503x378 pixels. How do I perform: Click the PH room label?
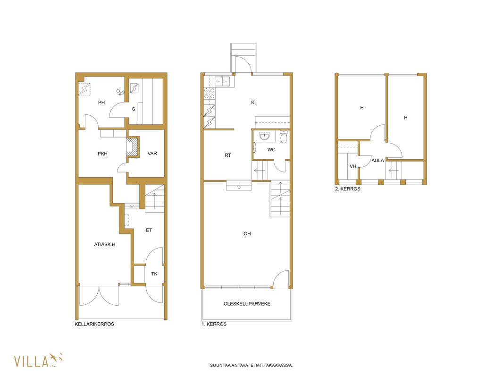pos(101,103)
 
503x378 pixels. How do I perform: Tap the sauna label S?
pos(134,109)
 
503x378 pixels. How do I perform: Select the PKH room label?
pos(102,154)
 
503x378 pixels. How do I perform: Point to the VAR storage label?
pos(152,154)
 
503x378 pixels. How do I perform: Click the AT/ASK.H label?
pos(105,244)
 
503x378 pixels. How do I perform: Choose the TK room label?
pos(154,274)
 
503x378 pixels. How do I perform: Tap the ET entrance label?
pos(149,230)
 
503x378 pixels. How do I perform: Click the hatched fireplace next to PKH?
pos(133,147)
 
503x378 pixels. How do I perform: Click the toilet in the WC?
pos(284,137)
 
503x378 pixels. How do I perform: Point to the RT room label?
pos(228,155)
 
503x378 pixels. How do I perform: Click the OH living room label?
pos(247,234)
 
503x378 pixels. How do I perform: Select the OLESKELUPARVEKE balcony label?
pos(247,304)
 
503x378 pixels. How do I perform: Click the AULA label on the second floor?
pos(377,161)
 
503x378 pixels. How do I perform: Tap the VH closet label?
pos(353,166)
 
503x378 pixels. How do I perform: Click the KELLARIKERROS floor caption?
pos(94,324)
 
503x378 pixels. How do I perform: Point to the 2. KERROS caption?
pos(348,189)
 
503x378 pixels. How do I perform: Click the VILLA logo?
pos(38,361)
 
